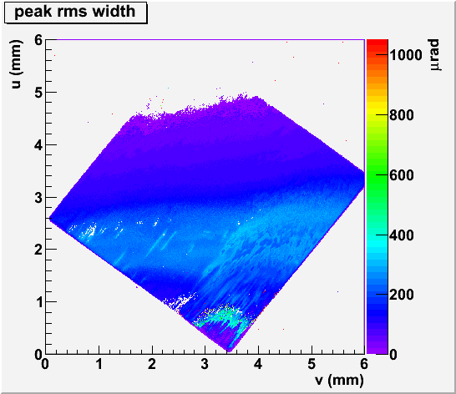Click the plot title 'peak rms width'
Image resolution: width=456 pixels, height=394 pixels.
click(74, 12)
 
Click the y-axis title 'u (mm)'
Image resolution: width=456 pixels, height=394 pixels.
click(17, 64)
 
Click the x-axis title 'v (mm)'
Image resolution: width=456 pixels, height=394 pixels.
click(339, 380)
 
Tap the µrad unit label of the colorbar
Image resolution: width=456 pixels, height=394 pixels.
click(435, 55)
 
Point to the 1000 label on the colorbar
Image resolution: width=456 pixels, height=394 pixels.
click(405, 54)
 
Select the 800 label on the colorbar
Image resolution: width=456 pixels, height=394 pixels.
click(402, 115)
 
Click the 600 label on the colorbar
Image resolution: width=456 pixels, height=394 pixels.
click(402, 175)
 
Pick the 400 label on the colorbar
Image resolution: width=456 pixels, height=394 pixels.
click(402, 235)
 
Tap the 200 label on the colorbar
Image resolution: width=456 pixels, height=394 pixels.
click(402, 295)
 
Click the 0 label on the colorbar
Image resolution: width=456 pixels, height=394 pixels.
click(393, 355)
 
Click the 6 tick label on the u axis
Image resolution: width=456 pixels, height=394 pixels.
click(38, 40)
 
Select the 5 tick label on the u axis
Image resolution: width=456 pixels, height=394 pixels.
click(38, 93)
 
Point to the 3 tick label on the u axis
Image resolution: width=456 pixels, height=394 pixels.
click(38, 198)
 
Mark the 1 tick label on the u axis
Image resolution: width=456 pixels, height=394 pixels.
click(38, 302)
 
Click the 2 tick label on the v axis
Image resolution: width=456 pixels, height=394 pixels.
click(152, 364)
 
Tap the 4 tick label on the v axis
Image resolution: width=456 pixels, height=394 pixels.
click(258, 364)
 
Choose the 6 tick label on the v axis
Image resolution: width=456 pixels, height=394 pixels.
click(364, 364)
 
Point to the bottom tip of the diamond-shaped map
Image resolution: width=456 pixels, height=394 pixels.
click(229, 351)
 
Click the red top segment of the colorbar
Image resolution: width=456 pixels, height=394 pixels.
click(377, 43)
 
